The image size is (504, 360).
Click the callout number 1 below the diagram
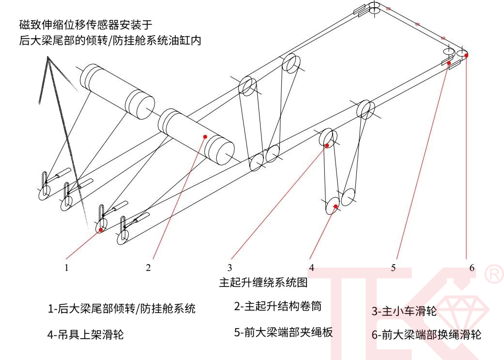67,267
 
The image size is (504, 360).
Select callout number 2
149,267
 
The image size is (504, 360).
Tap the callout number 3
230,267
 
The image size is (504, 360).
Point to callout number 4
312,267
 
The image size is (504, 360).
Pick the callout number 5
394,267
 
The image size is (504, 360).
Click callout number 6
472,267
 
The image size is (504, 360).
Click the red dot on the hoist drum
205,137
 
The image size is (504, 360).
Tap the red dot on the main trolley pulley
327,145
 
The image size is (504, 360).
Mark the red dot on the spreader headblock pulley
335,207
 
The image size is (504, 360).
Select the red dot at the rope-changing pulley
467,56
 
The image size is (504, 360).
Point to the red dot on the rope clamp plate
449,63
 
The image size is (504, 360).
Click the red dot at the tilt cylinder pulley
100,230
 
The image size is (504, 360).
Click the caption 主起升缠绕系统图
263,282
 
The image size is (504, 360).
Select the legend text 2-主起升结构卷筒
277,306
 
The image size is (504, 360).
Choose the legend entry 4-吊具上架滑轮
85,334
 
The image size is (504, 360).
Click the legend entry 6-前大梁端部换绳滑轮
426,334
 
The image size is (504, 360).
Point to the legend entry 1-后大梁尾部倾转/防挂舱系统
122,308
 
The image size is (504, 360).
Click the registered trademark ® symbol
493,274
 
